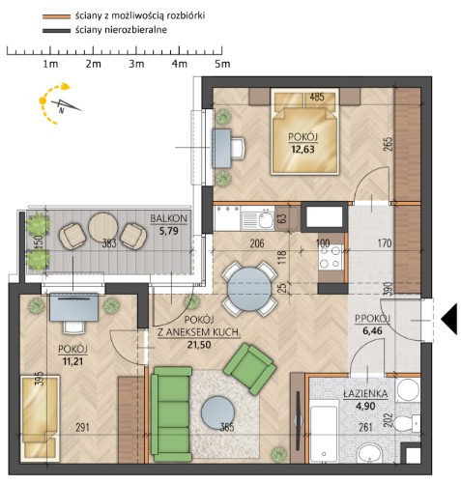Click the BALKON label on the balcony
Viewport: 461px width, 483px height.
[168, 218]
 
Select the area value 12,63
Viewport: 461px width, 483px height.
[303, 150]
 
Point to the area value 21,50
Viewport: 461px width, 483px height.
[199, 345]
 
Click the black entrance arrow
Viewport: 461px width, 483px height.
[449, 319]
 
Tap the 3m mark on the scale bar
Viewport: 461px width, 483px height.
[136, 64]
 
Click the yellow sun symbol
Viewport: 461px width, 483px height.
[43, 100]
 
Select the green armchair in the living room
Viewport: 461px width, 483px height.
[249, 369]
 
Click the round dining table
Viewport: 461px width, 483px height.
[249, 289]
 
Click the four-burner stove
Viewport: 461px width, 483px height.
[331, 257]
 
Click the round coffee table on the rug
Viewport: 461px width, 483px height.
[217, 412]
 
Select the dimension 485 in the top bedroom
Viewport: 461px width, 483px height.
[317, 97]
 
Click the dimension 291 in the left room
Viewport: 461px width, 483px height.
[82, 428]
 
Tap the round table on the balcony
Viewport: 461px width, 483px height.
[102, 227]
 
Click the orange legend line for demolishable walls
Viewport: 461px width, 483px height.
[56, 16]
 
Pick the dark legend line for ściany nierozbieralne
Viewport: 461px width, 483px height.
[56, 31]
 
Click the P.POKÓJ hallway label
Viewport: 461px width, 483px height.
[372, 319]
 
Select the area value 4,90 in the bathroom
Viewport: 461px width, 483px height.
[365, 406]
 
